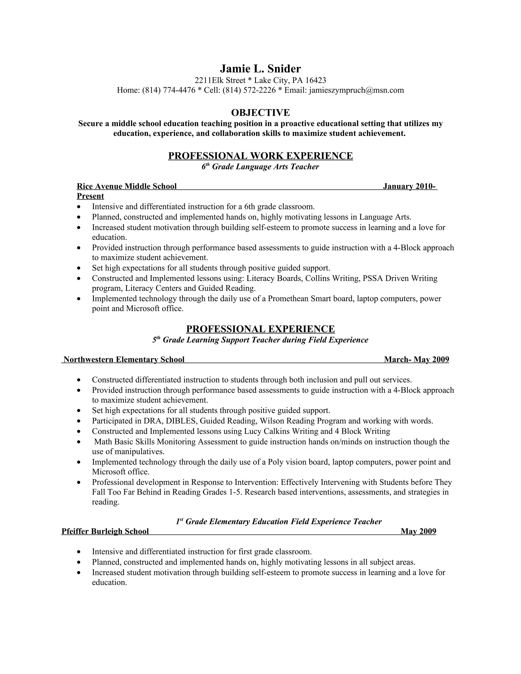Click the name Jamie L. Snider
coord(260,68)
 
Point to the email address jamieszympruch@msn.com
coord(356,90)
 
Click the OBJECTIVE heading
coord(260,113)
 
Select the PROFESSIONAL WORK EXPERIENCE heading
coord(260,156)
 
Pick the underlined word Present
coord(90,196)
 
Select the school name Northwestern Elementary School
coord(124,360)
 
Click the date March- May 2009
coord(416,360)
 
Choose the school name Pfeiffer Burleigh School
coord(105,531)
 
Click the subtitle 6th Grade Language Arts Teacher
coord(260,167)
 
